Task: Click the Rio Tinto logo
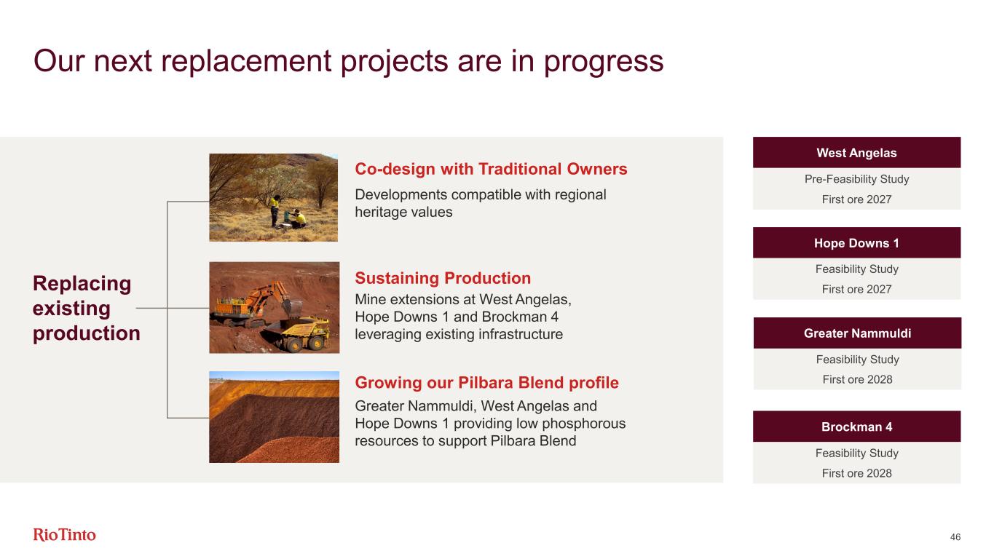click(x=64, y=535)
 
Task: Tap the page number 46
click(x=955, y=537)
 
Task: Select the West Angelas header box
click(x=856, y=153)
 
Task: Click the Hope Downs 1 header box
click(x=856, y=242)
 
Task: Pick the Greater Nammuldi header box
click(x=857, y=333)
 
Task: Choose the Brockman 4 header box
click(x=856, y=427)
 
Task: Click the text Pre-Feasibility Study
click(x=856, y=179)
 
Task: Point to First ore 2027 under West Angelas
click(x=856, y=199)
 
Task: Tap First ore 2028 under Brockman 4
click(x=856, y=473)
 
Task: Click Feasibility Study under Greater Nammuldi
click(x=857, y=360)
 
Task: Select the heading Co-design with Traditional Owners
click(x=491, y=170)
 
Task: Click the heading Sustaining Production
click(x=443, y=278)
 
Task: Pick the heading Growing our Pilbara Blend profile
click(x=486, y=383)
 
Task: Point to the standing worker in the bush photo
click(x=275, y=211)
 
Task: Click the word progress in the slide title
click(x=604, y=63)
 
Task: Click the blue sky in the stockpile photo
click(x=274, y=376)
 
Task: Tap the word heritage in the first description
click(x=381, y=213)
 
